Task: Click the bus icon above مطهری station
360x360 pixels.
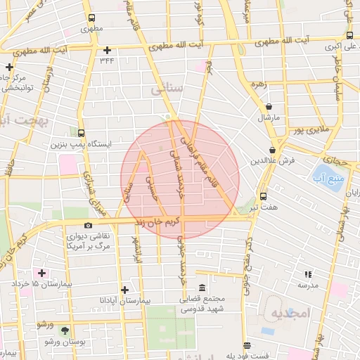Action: click(x=89, y=19)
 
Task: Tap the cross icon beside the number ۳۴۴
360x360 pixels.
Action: click(x=107, y=50)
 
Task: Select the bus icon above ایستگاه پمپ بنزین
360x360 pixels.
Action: click(x=82, y=133)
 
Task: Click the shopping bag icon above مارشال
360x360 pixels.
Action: click(x=269, y=107)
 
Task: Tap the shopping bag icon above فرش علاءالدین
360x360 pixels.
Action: click(x=272, y=150)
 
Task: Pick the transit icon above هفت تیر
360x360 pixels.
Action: click(x=264, y=197)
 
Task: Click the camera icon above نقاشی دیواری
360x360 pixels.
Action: click(x=87, y=225)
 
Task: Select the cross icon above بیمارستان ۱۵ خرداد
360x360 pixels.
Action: click(x=41, y=273)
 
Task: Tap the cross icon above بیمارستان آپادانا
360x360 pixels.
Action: click(x=124, y=289)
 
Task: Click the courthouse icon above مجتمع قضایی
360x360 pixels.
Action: click(x=202, y=288)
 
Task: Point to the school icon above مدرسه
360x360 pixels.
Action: click(x=307, y=274)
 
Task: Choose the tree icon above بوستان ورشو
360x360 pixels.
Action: click(x=65, y=330)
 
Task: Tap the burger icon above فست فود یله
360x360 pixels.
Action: click(x=246, y=345)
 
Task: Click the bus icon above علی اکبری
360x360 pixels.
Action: click(x=349, y=35)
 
